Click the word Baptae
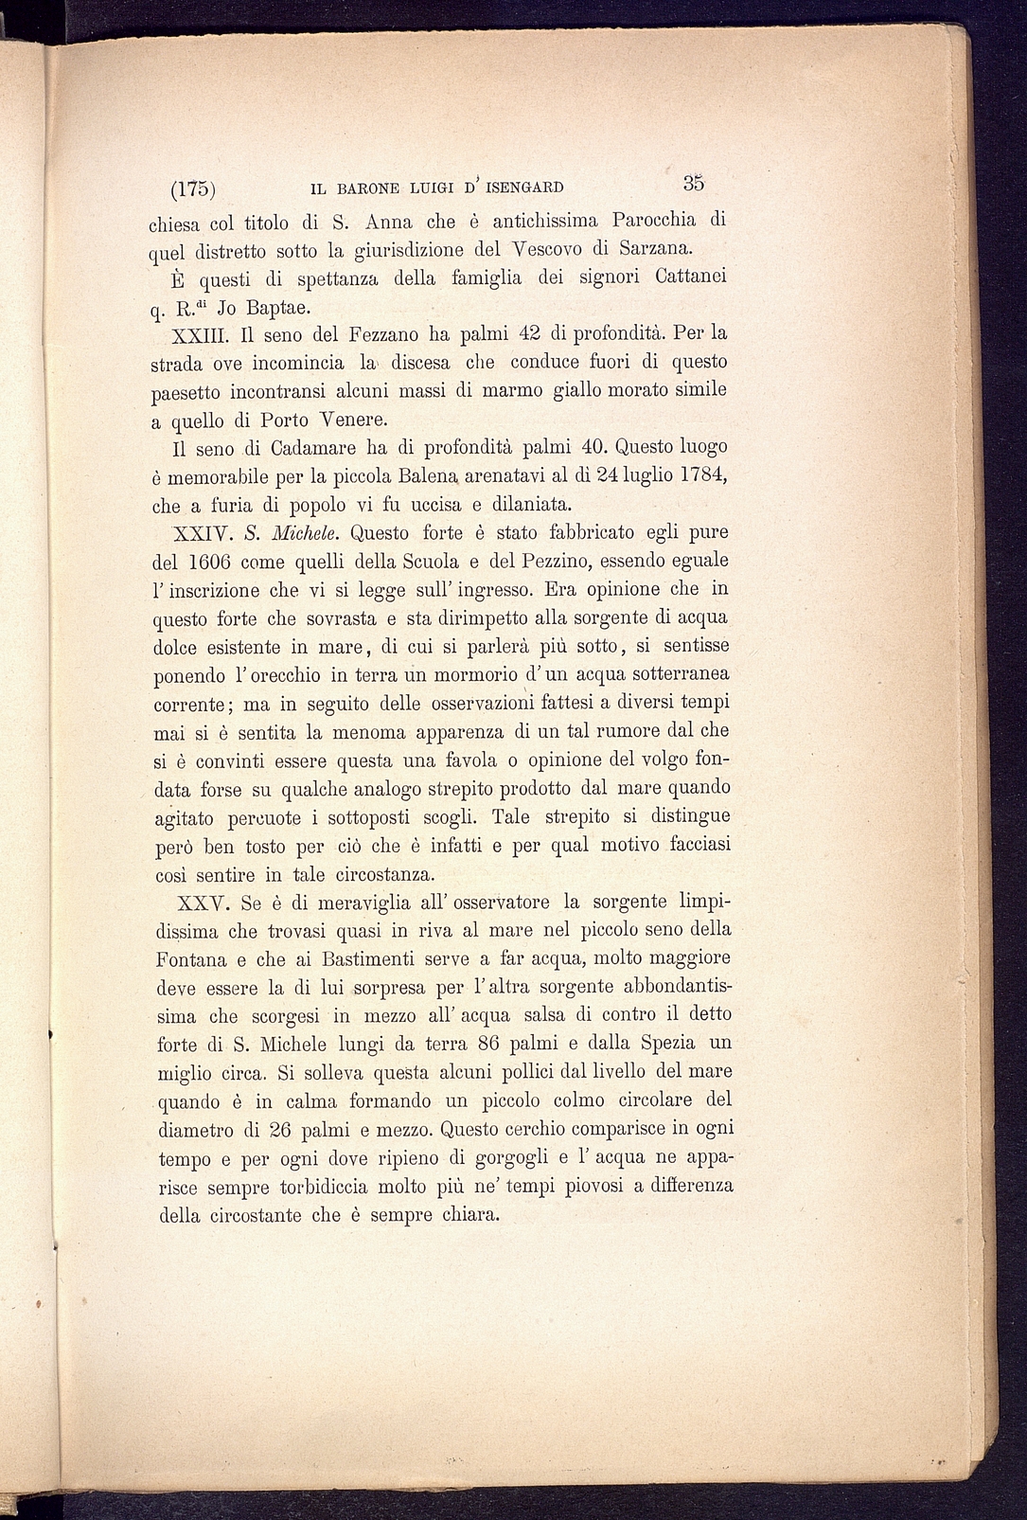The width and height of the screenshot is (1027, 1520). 272,307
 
